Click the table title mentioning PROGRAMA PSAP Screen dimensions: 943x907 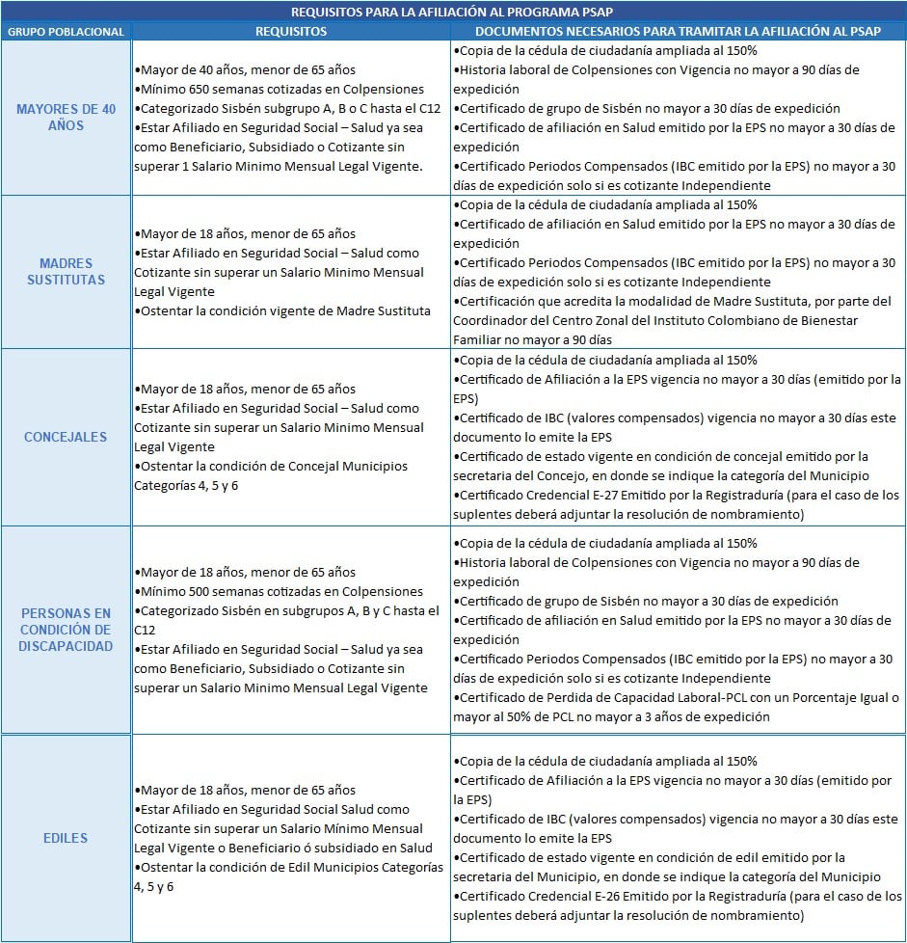[453, 12]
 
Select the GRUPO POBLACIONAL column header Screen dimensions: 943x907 [66, 32]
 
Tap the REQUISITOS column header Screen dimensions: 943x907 [291, 32]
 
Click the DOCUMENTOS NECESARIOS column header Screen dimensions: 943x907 [678, 32]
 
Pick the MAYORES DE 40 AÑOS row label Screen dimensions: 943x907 [66, 118]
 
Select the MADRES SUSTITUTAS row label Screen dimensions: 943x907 [66, 271]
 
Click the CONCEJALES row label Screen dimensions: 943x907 [66, 437]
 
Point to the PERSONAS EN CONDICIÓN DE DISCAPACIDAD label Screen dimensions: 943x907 [66, 629]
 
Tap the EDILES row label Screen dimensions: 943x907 [66, 838]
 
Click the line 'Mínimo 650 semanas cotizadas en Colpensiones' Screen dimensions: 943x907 [280, 89]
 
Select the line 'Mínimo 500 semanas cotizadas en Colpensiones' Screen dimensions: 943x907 [280, 591]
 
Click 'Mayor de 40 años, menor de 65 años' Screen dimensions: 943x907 [246, 69]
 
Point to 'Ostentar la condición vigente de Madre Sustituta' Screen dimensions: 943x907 [282, 310]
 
